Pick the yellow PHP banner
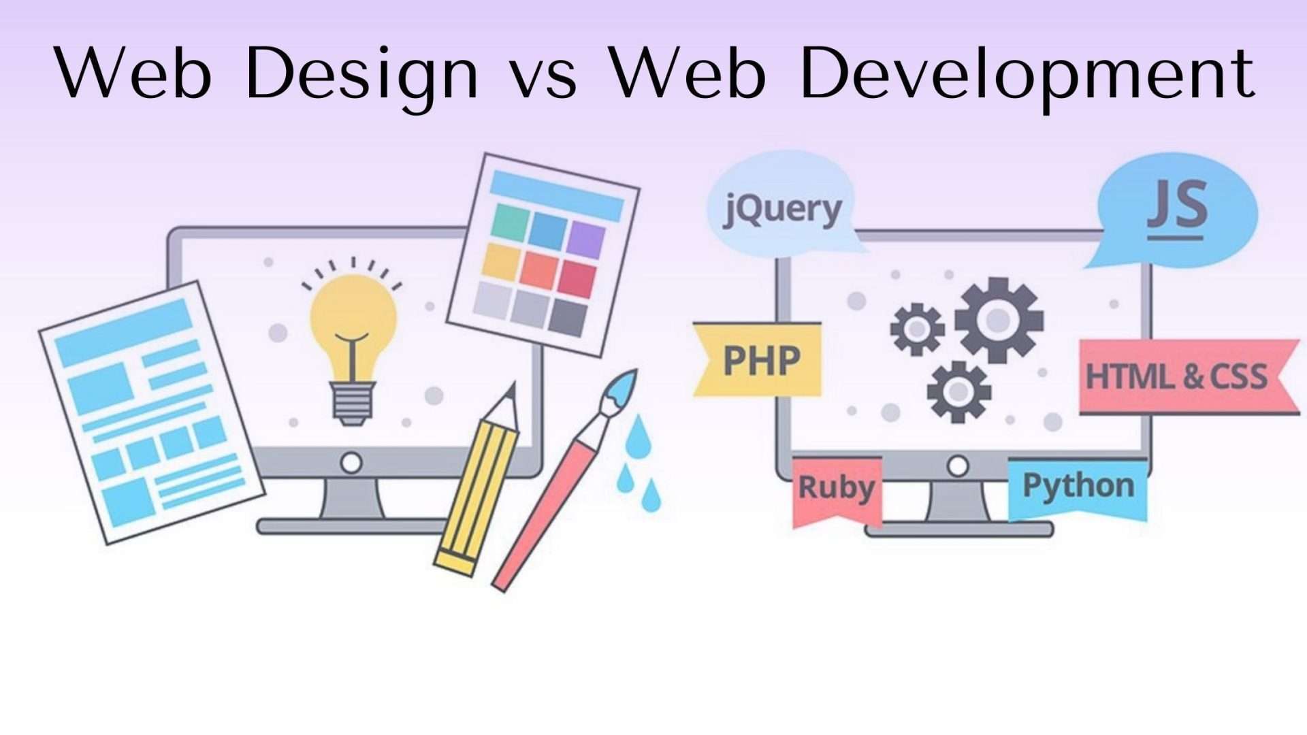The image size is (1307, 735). click(758, 359)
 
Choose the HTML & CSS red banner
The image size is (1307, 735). click(1189, 376)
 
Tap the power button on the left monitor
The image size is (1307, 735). click(351, 463)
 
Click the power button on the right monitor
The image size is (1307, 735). click(958, 466)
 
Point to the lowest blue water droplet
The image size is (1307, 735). click(651, 496)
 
